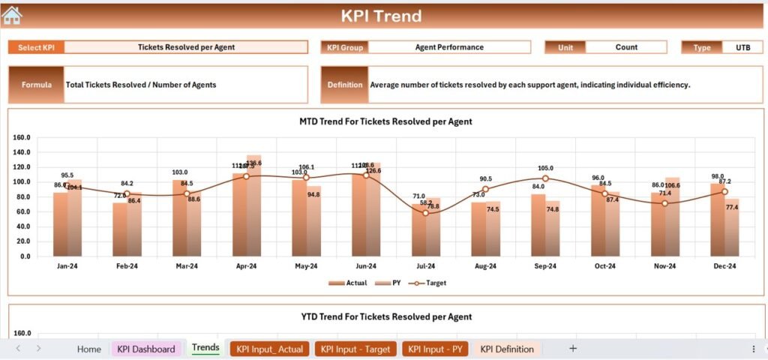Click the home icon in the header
[12, 15]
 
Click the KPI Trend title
[381, 16]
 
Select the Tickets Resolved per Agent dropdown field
[186, 47]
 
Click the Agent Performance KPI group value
[449, 47]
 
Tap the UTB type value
[742, 47]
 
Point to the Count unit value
[626, 47]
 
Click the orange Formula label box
[36, 85]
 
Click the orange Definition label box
[345, 85]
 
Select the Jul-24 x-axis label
[425, 265]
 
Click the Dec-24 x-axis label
[724, 265]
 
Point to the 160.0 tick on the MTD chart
[21, 137]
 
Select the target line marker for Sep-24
[545, 178]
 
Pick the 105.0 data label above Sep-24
[545, 168]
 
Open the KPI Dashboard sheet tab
[146, 349]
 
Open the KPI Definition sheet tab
[507, 349]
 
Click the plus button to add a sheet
[573, 349]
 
